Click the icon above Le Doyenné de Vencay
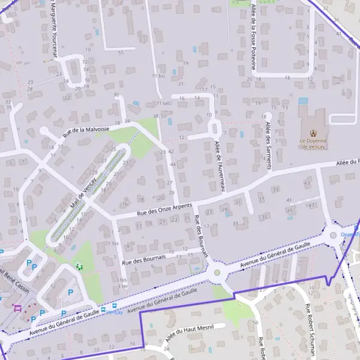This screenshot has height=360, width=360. point(312,133)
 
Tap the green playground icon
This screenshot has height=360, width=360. point(79,266)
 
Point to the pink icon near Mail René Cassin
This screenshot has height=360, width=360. point(16,308)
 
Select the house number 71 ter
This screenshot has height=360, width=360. point(163,103)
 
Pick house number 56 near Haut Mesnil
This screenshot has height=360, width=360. point(255,323)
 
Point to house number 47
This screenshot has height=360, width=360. point(311,205)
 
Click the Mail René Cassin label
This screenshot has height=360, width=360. point(11,277)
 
